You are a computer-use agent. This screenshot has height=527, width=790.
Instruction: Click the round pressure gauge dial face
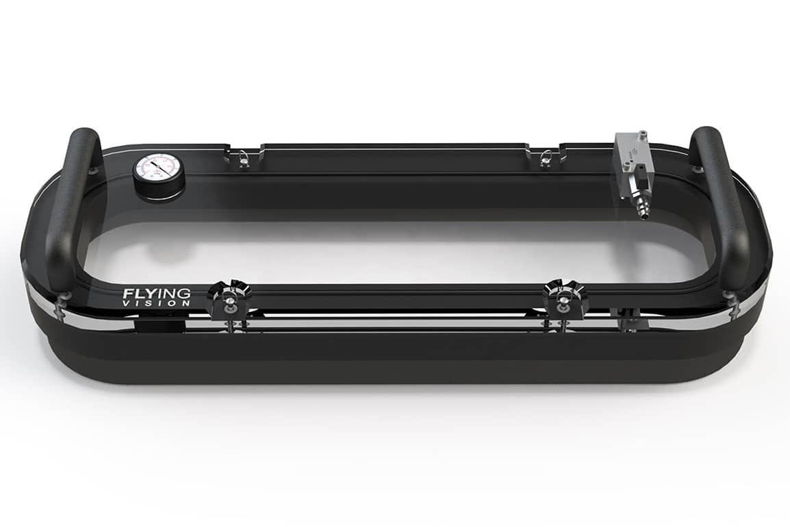tap(158, 167)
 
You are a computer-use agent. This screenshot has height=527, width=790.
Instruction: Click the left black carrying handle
tap(71, 205)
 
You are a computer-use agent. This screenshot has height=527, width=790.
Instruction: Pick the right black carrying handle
tap(722, 205)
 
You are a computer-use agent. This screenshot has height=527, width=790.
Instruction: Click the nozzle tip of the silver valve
tap(643, 213)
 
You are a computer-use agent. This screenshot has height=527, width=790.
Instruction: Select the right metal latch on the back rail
tap(545, 158)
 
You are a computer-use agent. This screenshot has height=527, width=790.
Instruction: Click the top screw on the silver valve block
tap(642, 133)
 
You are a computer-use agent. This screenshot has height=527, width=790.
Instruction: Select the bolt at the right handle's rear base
tap(697, 168)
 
